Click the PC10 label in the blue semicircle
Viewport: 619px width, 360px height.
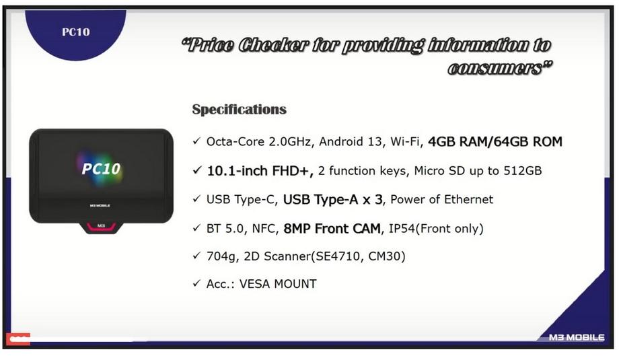[x=76, y=32]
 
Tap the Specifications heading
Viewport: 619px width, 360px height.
[x=240, y=109]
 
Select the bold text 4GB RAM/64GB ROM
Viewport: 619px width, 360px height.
[x=495, y=142]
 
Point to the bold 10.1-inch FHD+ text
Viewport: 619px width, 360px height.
[x=260, y=171]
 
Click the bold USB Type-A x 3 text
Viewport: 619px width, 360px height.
[x=333, y=200]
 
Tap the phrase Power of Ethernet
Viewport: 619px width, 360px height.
[x=442, y=199]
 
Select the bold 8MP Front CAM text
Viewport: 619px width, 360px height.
[x=332, y=229]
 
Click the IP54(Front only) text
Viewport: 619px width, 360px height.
[x=436, y=229]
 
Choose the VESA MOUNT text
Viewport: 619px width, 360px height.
[x=278, y=284]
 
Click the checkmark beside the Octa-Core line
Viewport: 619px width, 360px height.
[x=196, y=141]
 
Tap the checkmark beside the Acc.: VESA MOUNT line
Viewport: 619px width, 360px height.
[x=196, y=283]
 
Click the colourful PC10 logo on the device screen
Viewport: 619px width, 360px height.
[x=101, y=169]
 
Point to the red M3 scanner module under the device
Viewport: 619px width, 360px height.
[x=101, y=227]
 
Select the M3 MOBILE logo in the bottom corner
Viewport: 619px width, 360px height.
[x=577, y=338]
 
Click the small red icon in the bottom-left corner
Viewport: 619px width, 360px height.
[x=18, y=338]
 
